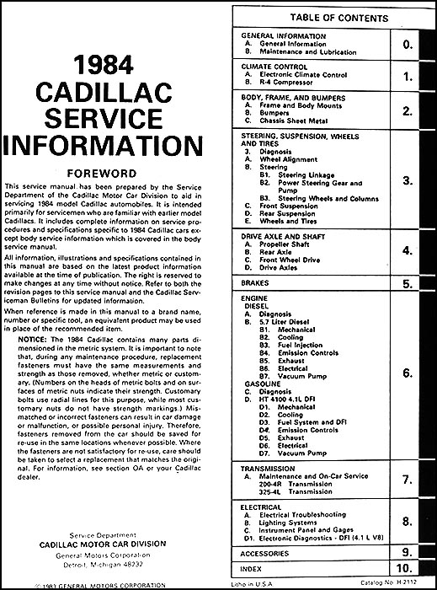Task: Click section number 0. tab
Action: [408, 43]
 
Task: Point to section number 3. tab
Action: [408, 180]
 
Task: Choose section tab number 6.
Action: [408, 372]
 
